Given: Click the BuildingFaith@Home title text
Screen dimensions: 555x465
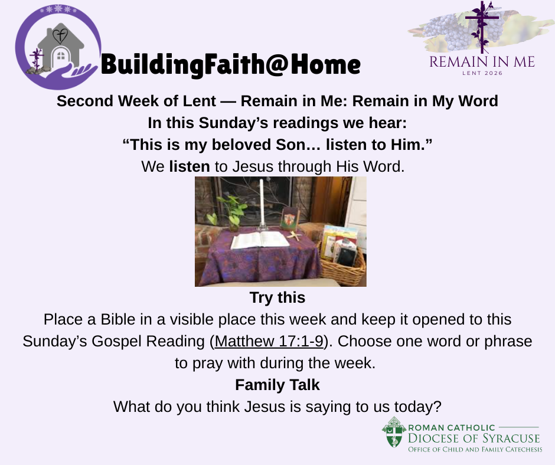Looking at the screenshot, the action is [x=230, y=65].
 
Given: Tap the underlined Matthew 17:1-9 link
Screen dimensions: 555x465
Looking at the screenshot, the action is [x=269, y=341].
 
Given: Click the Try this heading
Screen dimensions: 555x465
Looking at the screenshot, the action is [x=277, y=297].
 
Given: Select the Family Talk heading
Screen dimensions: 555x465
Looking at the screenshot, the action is [x=277, y=385].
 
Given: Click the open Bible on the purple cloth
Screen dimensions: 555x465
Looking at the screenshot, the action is [x=260, y=240].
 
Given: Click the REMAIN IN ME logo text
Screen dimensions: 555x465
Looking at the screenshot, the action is [x=482, y=62].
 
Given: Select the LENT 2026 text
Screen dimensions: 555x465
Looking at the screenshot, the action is [x=482, y=73].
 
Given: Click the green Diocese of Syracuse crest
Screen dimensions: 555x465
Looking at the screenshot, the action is [x=394, y=432].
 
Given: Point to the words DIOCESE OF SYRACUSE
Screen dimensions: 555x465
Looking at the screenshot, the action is [x=474, y=438].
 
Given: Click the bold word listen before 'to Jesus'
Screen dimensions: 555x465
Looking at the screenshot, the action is [x=190, y=166].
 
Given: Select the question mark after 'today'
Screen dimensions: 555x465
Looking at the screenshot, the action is [x=438, y=407].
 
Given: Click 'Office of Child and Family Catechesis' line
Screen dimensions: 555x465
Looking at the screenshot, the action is [x=475, y=450].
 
